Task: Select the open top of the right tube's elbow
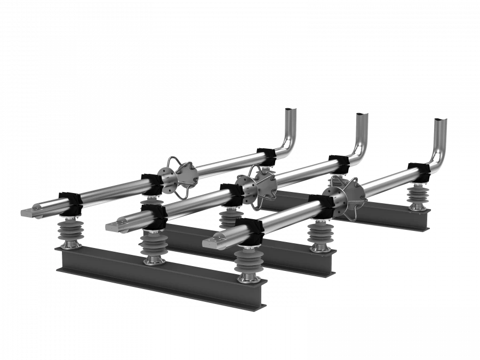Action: point(440,121)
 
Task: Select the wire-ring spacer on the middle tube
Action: point(256,187)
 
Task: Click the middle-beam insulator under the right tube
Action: point(322,235)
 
